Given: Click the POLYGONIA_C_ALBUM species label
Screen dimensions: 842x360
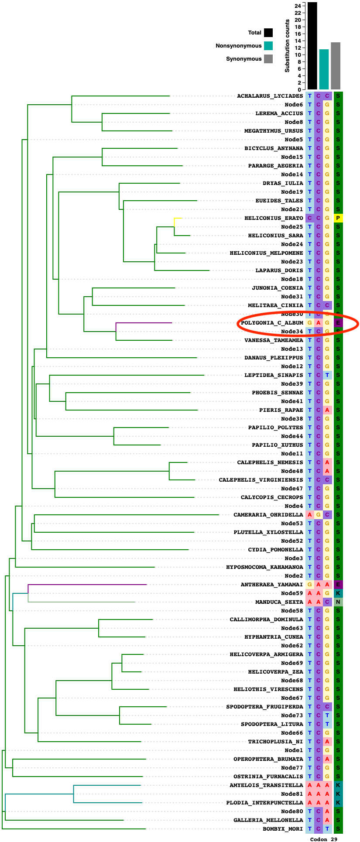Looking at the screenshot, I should pyautogui.click(x=272, y=323).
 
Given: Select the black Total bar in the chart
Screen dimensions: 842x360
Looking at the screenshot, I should pyautogui.click(x=312, y=46).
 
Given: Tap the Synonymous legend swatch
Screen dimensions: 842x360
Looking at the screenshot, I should pyautogui.click(x=268, y=59).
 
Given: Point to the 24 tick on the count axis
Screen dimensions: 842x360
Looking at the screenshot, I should pyautogui.click(x=298, y=6).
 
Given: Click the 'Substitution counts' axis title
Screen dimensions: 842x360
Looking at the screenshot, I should pyautogui.click(x=287, y=46).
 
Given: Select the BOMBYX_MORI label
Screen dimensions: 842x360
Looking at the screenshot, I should pyautogui.click(x=282, y=829).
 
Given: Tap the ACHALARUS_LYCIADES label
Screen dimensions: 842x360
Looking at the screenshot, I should pyautogui.click(x=270, y=96).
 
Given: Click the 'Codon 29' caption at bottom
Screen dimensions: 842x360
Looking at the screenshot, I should pyautogui.click(x=323, y=839).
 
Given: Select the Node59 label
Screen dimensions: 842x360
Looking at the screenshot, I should pyautogui.click(x=292, y=593).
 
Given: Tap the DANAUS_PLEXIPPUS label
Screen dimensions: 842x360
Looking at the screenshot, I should pyautogui.click(x=274, y=358).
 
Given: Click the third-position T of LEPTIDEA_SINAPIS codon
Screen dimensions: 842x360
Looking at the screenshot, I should pyautogui.click(x=327, y=375).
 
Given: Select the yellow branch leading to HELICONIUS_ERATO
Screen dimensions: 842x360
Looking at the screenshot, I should pyautogui.click(x=176, y=218).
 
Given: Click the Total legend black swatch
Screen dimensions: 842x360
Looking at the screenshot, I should pyautogui.click(x=268, y=33).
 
